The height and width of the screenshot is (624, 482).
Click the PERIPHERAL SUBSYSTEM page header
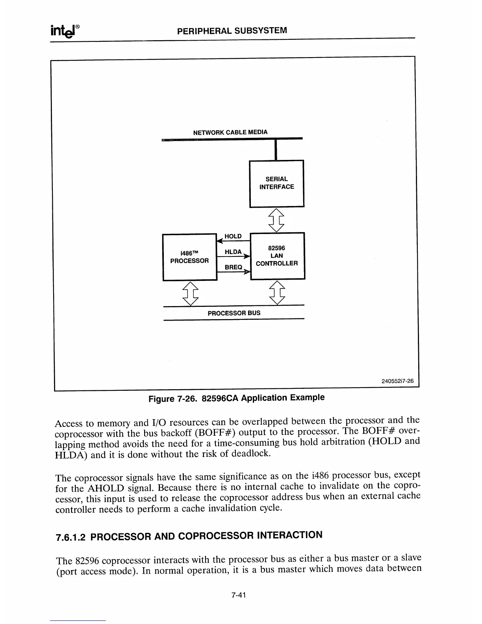[232, 31]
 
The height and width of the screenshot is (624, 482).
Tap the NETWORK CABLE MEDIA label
[230, 132]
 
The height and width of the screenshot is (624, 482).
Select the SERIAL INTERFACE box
[276, 183]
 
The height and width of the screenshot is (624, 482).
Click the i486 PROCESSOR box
[189, 257]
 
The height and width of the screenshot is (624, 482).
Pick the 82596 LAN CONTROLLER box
[277, 256]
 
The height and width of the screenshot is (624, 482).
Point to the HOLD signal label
[233, 236]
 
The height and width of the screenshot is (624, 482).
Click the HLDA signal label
[233, 252]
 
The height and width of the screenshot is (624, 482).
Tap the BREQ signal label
[233, 267]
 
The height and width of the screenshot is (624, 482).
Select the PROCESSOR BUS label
[234, 313]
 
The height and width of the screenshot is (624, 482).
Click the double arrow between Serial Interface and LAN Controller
[276, 220]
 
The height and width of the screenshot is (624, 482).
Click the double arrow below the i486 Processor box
[191, 293]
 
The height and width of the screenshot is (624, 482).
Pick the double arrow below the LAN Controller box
[277, 292]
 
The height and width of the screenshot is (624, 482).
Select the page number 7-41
[239, 596]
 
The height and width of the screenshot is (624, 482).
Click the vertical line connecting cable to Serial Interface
[276, 150]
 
